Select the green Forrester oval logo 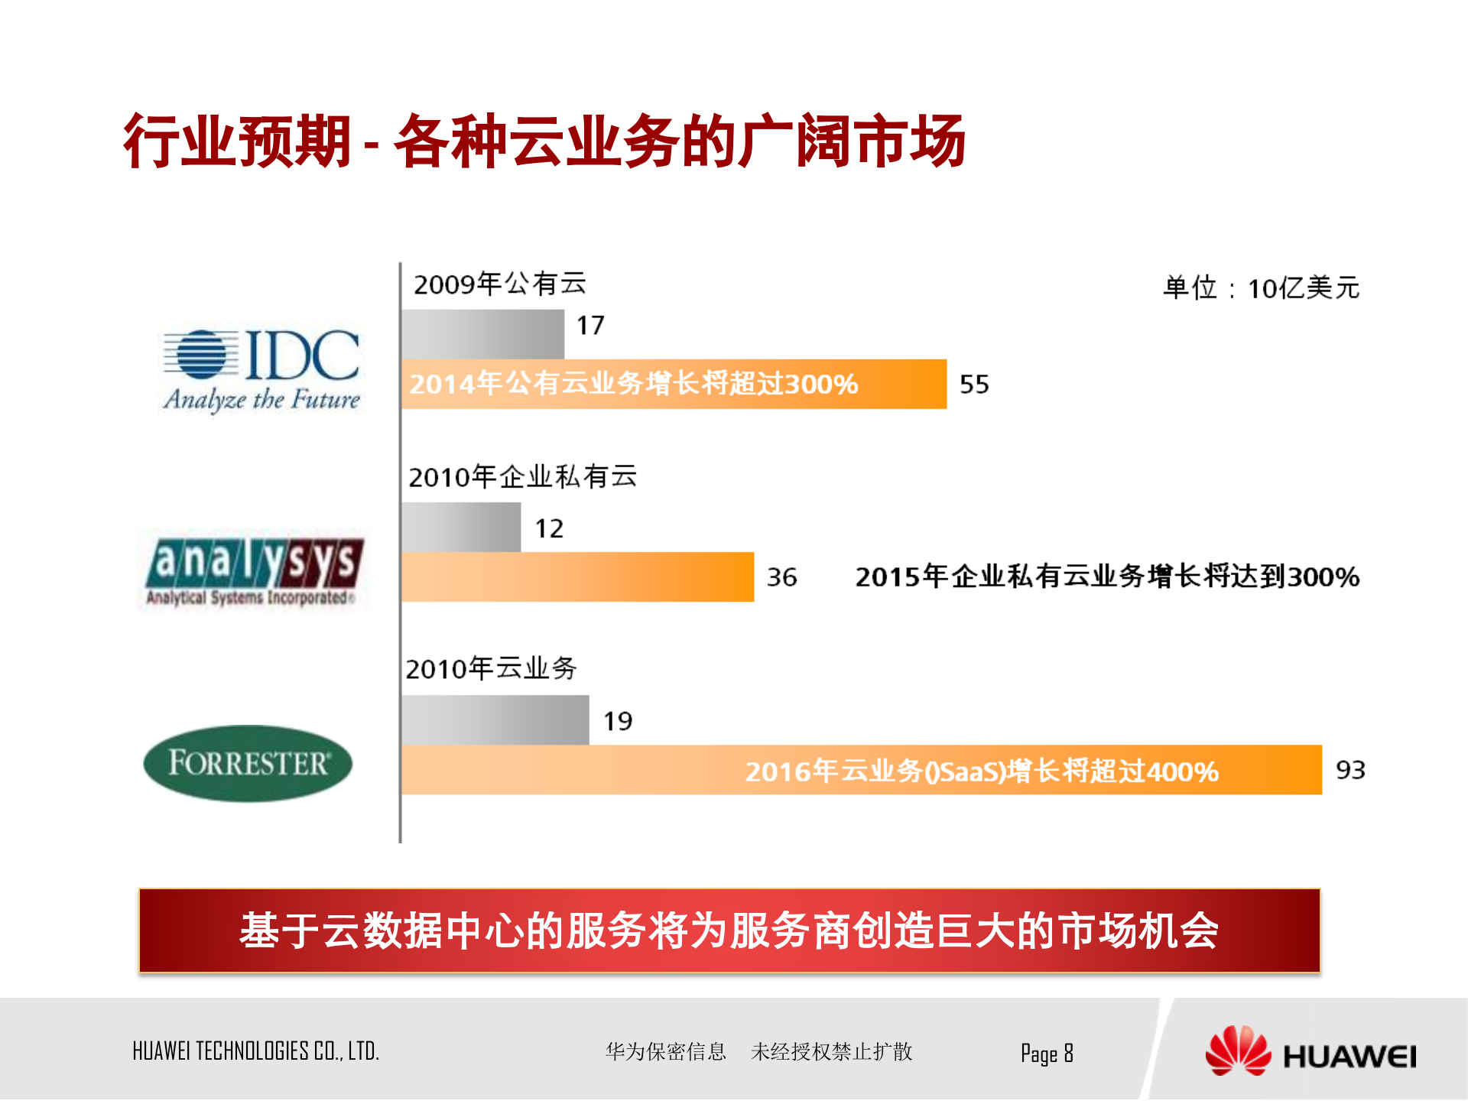coord(248,763)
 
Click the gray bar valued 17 coord(483,334)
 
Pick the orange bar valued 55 coord(674,384)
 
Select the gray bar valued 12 coord(461,527)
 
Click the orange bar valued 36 coord(577,576)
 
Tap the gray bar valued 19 coord(495,719)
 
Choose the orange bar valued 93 coord(862,770)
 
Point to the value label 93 coord(1350,770)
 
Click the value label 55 coord(974,384)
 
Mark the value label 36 coord(781,576)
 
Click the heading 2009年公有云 coord(500,284)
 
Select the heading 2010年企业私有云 coord(523,476)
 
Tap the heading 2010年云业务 coord(491,668)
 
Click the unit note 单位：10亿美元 coord(1262,288)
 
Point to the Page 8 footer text coord(1047,1054)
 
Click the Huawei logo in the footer coord(1310,1053)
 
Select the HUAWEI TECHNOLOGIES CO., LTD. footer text coord(256,1051)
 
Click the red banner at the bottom coord(729,930)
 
